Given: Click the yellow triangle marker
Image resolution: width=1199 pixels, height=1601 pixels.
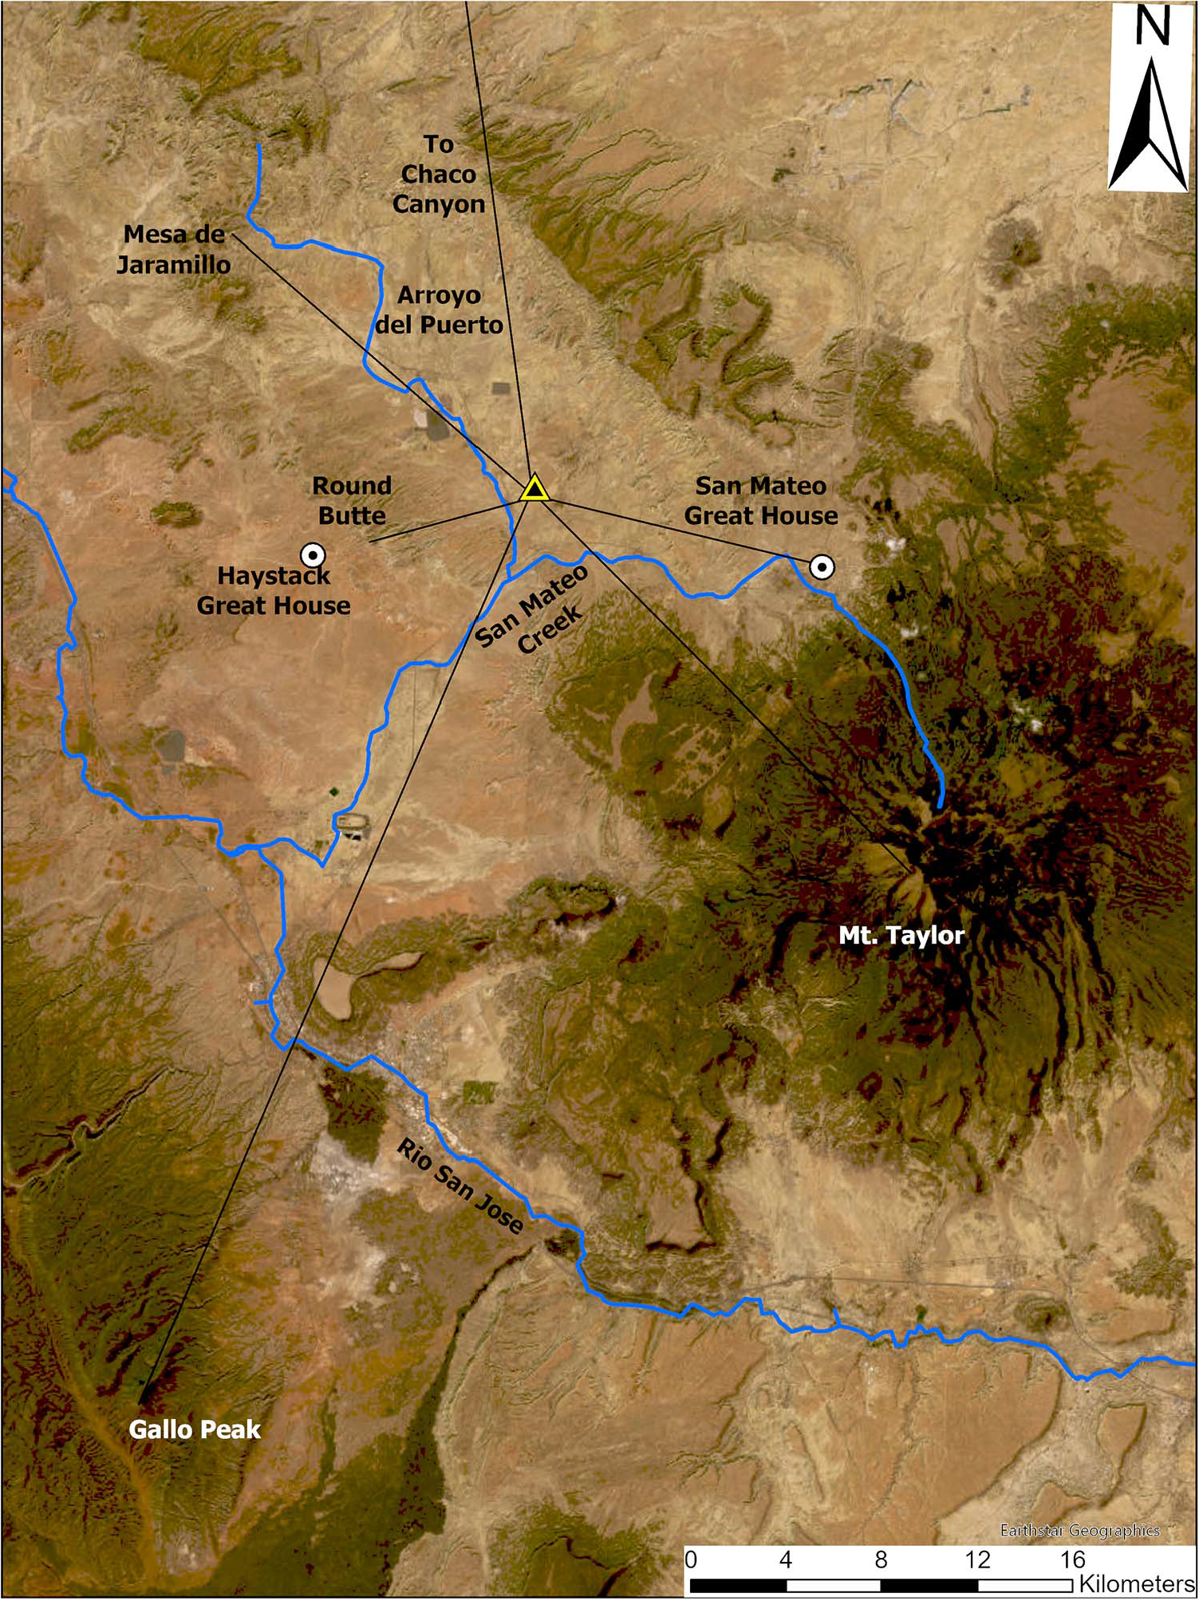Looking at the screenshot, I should tap(534, 488).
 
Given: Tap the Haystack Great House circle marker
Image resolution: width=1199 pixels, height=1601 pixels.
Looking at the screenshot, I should tap(312, 554).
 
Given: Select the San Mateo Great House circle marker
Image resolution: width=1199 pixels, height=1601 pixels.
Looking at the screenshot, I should tap(822, 567).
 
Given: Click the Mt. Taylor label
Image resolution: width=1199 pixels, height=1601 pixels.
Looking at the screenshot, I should tap(901, 935).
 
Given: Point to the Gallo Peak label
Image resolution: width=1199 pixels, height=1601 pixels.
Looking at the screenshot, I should tap(195, 1429).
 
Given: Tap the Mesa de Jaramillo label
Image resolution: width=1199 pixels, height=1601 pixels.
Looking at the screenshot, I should tap(174, 249).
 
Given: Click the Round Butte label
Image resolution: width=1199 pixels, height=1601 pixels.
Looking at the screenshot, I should tap(352, 500).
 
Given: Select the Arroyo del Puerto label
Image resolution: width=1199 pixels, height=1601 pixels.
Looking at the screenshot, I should tap(440, 310).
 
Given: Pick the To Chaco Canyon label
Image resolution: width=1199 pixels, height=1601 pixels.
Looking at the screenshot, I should tap(439, 174).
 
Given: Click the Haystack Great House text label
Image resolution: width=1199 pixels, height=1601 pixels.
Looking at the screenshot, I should tap(274, 590).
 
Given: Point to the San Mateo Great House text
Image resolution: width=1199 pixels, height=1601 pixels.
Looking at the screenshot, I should tap(761, 500).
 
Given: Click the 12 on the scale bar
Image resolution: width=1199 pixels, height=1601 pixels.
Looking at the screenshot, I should tap(977, 1559).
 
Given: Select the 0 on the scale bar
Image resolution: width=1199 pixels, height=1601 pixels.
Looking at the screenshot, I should tap(691, 1559).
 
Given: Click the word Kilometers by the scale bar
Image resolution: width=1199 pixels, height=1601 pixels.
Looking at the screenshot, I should tap(1136, 1583).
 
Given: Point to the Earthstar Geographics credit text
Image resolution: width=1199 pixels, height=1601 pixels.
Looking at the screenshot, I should tap(1080, 1529).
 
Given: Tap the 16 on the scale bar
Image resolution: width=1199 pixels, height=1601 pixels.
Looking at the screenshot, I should tap(1073, 1559).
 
